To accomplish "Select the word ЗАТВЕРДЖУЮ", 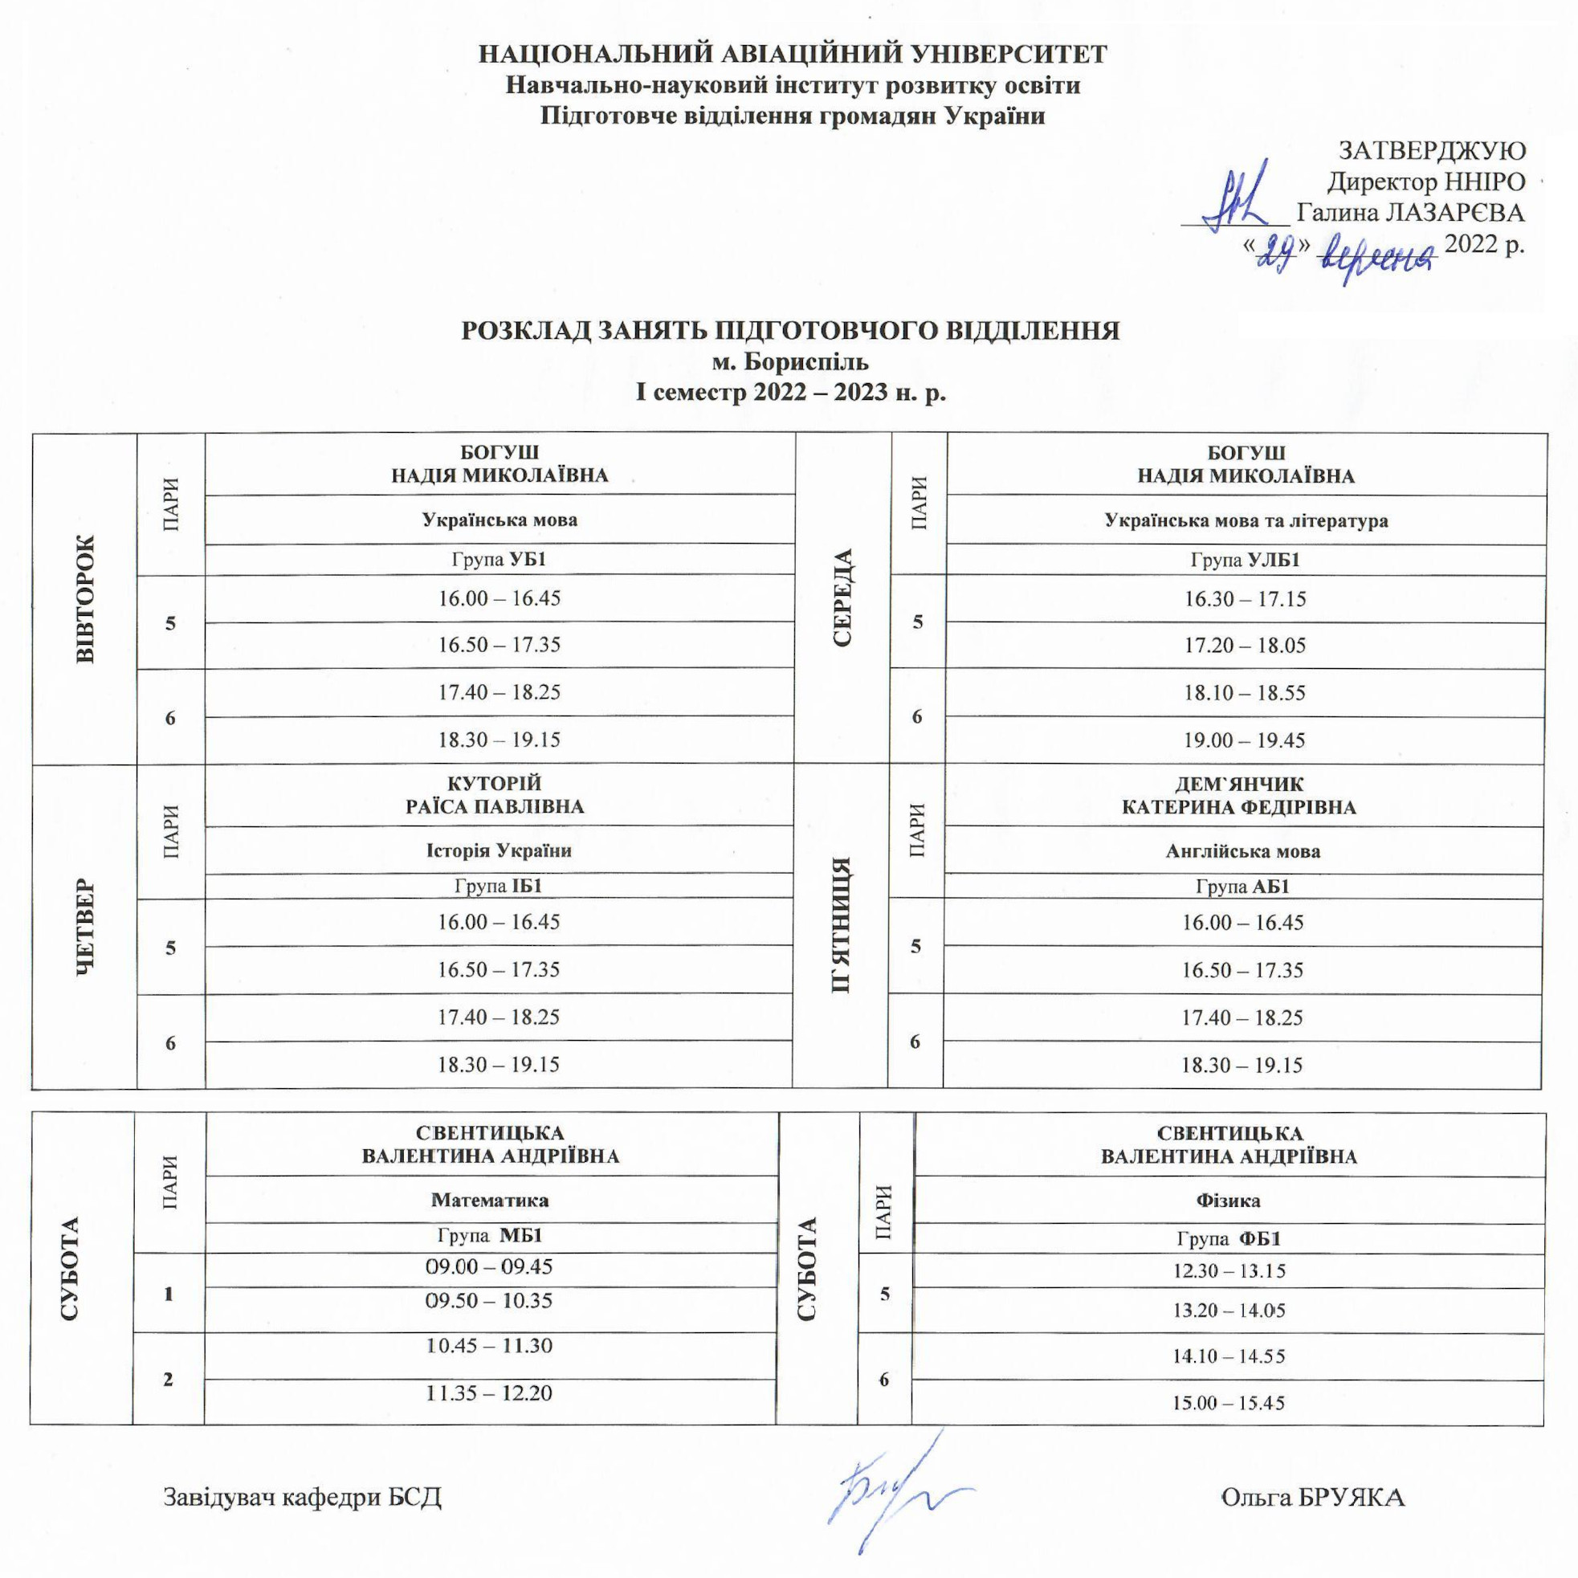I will (1431, 150).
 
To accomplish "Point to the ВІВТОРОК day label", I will (85, 599).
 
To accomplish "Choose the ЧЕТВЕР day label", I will (85, 927).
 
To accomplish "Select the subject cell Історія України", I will (498, 850).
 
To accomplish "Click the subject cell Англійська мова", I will (1242, 851).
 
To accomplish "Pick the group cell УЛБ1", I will (1245, 561).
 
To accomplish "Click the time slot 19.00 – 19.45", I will (1245, 740).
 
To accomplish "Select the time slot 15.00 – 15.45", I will (1228, 1403).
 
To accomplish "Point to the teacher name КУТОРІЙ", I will (495, 784).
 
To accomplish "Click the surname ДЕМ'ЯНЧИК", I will (1239, 784).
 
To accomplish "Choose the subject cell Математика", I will (489, 1201).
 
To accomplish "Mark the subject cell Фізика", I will (1228, 1201).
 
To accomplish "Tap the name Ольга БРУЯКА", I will (1311, 1497).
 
